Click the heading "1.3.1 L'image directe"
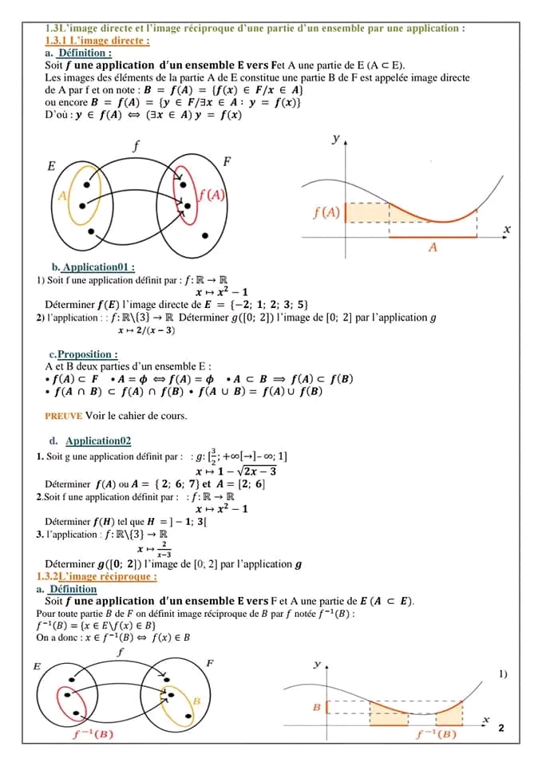pyautogui.click(x=98, y=40)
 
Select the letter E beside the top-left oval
pyautogui.click(x=51, y=167)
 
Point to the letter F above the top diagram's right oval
pyautogui.click(x=226, y=162)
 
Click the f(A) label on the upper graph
pyautogui.click(x=327, y=211)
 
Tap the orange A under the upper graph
pyautogui.click(x=433, y=247)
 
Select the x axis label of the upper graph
pyautogui.click(x=506, y=230)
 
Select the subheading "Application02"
pyautogui.click(x=98, y=440)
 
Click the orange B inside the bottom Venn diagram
pyautogui.click(x=196, y=699)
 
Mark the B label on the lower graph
pyautogui.click(x=316, y=708)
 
